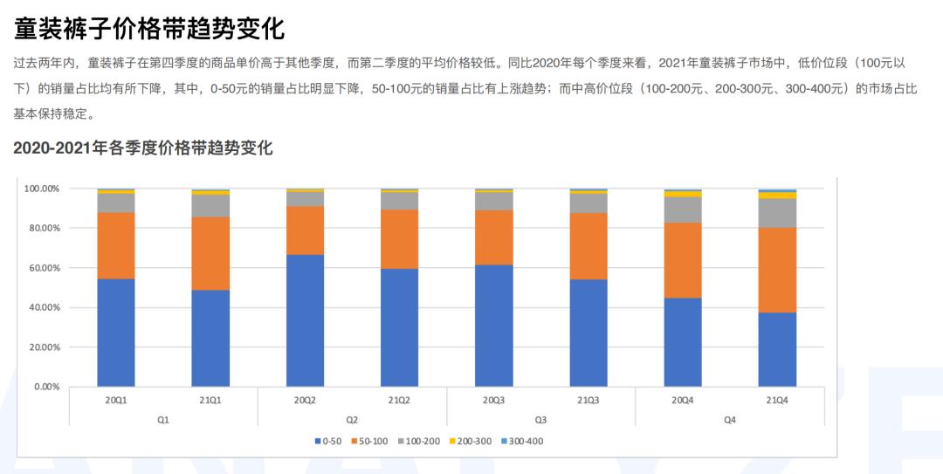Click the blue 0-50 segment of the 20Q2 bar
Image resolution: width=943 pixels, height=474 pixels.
(x=305, y=320)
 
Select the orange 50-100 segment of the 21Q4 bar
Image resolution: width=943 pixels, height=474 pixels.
(x=777, y=270)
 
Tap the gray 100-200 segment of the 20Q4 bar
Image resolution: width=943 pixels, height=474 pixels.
(x=683, y=210)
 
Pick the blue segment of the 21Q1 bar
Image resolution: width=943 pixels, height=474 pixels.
(x=210, y=338)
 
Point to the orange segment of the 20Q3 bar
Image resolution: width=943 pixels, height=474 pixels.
(x=494, y=237)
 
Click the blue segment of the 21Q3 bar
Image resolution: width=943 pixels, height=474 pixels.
(x=589, y=333)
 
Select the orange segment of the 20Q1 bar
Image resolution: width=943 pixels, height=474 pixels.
(x=116, y=245)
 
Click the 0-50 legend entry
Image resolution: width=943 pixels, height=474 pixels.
(x=328, y=441)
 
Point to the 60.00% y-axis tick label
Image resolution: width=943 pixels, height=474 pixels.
(x=41, y=268)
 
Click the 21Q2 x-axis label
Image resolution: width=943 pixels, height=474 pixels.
(x=399, y=400)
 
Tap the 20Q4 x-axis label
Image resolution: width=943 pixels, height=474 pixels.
(x=683, y=400)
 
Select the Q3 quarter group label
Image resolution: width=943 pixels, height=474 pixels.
(x=540, y=419)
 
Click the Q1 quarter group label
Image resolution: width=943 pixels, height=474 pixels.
(x=163, y=419)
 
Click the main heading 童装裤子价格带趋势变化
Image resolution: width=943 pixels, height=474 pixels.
(x=149, y=28)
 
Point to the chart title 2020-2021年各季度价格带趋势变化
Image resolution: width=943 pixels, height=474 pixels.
(x=143, y=148)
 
